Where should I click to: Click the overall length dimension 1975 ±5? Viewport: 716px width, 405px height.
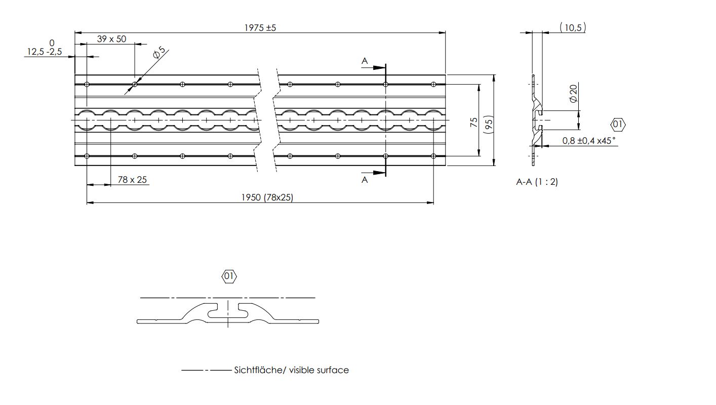point(260,28)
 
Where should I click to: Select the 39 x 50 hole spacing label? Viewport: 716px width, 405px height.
point(111,39)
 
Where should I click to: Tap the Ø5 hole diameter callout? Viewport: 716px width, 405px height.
point(159,53)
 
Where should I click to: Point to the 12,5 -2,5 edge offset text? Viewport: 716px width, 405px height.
point(45,52)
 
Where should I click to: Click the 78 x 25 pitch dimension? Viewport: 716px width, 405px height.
point(132,180)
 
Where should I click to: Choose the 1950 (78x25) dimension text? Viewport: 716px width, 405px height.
point(267,197)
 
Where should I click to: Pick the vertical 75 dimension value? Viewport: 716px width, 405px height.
point(474,122)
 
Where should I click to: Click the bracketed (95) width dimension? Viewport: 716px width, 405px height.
point(489,125)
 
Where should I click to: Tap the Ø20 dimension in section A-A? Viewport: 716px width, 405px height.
point(574,94)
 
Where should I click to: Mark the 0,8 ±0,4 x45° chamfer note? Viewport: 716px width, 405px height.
point(589,141)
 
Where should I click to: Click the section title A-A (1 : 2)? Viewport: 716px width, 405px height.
point(537,182)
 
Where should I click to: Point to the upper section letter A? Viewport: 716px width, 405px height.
point(365,61)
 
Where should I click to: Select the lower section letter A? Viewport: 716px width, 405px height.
point(365,180)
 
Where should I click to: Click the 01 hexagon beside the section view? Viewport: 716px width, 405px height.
point(618,125)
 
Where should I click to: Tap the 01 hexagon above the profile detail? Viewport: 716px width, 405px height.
point(229,276)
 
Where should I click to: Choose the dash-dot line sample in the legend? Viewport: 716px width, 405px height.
point(207,371)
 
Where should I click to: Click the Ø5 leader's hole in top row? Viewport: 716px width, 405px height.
point(135,85)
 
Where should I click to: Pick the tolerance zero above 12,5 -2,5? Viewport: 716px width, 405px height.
point(52,43)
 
